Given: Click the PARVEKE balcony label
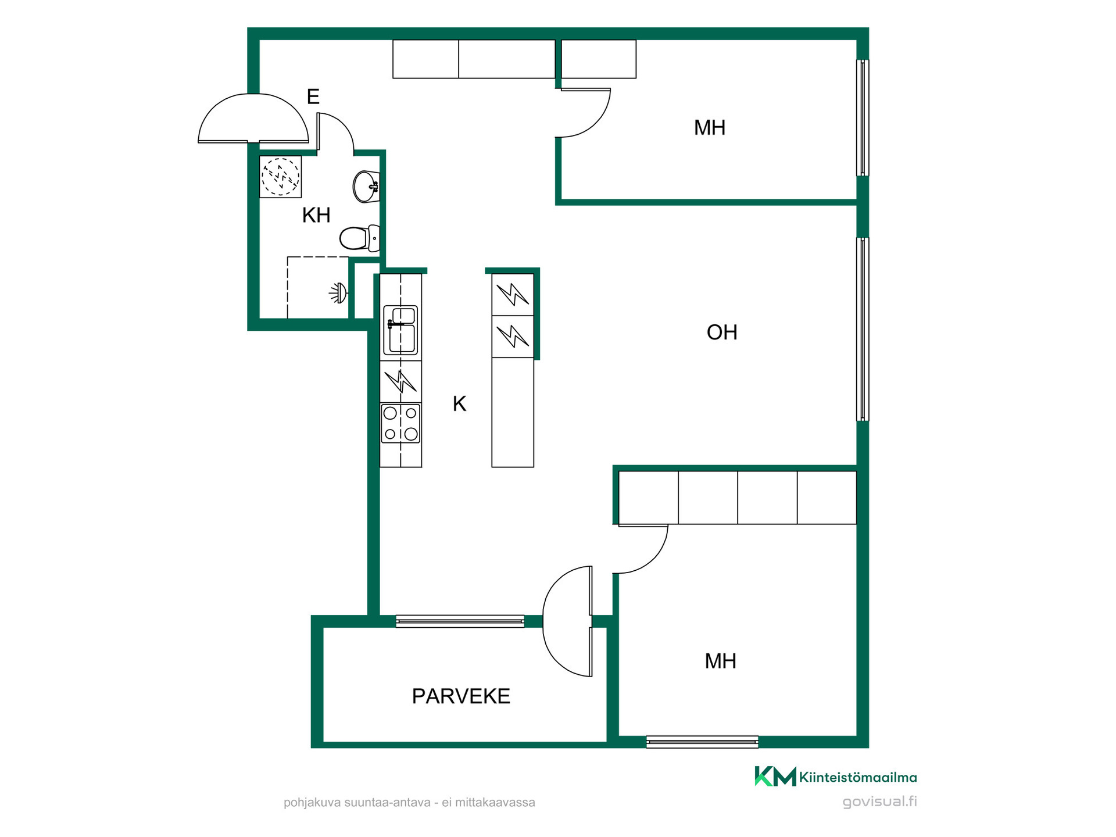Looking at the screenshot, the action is (461, 696).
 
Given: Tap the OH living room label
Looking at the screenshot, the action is (722, 332).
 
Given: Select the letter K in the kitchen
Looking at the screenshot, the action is (459, 403).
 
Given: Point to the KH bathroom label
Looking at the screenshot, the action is (316, 215).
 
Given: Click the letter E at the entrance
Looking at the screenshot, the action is (313, 96).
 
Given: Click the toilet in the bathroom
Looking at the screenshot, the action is (359, 238).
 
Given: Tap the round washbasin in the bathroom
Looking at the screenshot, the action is (366, 187).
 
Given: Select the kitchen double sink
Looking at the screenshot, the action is (400, 330).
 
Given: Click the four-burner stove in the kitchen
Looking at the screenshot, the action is (400, 423).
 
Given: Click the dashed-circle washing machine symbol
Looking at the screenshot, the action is (280, 177).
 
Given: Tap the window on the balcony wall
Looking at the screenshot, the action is (460, 621).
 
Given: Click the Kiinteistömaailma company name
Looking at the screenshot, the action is (858, 777).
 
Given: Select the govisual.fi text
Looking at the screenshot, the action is (879, 802).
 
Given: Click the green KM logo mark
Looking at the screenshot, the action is (775, 777).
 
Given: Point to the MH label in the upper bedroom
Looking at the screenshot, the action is (710, 128).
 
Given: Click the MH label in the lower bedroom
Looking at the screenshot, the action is (720, 661).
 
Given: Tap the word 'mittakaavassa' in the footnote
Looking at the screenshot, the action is (495, 803).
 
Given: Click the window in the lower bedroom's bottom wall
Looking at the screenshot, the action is (702, 742).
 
